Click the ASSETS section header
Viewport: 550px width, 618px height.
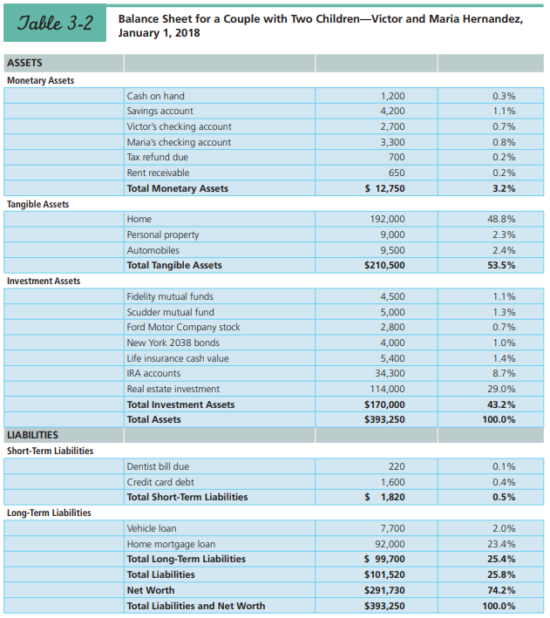click(24, 64)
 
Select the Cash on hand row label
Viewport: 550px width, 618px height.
click(156, 96)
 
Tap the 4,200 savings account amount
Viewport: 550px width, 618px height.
click(392, 112)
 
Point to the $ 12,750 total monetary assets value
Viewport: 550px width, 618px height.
click(384, 188)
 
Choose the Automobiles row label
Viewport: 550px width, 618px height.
click(153, 250)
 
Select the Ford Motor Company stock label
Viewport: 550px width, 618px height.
click(183, 328)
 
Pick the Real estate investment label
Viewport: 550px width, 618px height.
click(173, 390)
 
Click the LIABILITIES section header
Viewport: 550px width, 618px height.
click(33, 435)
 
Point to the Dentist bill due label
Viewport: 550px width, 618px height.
click(158, 467)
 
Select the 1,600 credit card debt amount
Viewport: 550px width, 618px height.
click(392, 482)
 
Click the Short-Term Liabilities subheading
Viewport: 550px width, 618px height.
click(50, 451)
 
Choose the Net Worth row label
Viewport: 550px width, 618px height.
click(149, 590)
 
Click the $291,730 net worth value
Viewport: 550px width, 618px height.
click(384, 590)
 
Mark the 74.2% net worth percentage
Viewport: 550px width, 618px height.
click(501, 590)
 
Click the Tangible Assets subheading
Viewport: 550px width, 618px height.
click(37, 204)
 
